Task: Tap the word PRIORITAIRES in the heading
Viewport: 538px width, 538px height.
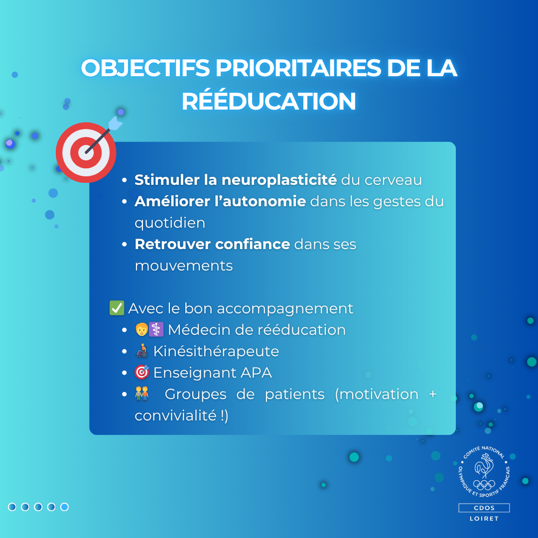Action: [298, 68]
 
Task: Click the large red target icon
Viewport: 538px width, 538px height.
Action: [86, 152]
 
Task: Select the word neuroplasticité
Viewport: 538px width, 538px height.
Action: [279, 180]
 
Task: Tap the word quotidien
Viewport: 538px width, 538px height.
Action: [170, 223]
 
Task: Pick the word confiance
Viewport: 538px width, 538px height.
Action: [253, 244]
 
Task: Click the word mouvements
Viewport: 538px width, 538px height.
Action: [184, 266]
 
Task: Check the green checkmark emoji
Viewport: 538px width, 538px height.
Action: [117, 308]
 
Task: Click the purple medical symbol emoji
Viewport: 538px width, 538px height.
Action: [156, 329]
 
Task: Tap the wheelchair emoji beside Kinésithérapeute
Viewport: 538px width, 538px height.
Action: [142, 351]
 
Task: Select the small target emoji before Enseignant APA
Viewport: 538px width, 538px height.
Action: [141, 372]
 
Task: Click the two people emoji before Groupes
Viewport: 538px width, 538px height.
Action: [141, 394]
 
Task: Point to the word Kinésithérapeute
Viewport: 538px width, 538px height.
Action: [216, 351]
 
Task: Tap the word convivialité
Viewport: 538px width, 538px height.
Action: [176, 415]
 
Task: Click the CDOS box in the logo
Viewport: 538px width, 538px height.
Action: [484, 508]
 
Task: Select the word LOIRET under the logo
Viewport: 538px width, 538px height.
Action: [484, 519]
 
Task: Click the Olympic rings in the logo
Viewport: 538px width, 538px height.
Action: [484, 485]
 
